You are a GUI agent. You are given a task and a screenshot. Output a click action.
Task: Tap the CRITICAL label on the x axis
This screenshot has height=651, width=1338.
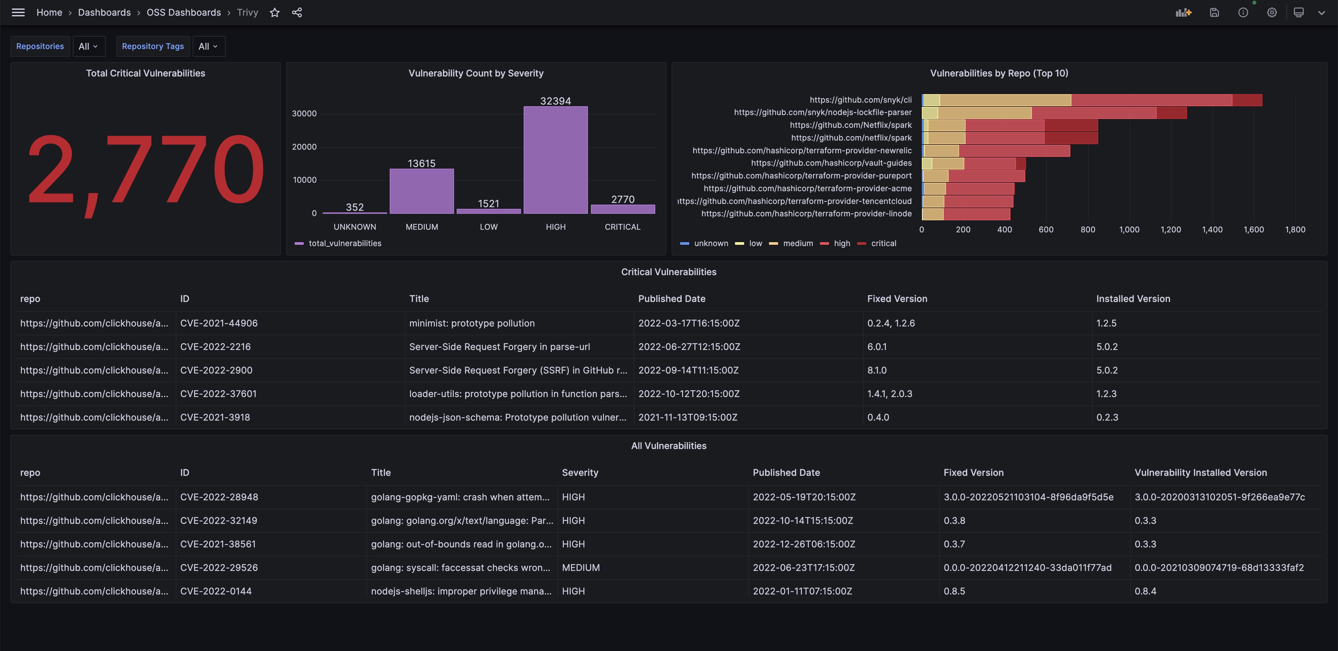[x=622, y=227]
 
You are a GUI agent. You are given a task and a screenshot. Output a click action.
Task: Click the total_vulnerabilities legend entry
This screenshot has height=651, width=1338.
[x=344, y=243]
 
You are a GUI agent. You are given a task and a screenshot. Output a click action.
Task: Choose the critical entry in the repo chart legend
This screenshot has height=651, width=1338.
[x=883, y=243]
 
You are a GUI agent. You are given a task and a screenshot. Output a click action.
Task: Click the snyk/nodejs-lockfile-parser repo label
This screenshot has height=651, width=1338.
[x=822, y=112]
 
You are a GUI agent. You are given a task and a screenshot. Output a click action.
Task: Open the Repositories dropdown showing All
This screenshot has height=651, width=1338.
[x=88, y=46]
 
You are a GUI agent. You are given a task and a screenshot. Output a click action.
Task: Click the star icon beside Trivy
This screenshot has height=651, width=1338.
[x=275, y=12]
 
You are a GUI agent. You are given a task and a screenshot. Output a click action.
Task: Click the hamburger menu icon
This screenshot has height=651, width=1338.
[x=18, y=12]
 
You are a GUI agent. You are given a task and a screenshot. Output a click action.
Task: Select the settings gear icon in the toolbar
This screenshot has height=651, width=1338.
[x=1271, y=12]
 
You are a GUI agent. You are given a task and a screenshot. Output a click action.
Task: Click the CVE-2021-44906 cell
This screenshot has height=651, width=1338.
[x=219, y=323]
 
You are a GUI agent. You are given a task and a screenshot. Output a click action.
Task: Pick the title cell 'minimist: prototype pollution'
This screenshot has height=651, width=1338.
[x=472, y=323]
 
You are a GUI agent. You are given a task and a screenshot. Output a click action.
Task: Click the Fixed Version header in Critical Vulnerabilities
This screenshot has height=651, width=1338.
[x=897, y=299]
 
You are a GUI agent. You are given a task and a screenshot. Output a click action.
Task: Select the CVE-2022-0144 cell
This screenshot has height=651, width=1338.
[x=216, y=591]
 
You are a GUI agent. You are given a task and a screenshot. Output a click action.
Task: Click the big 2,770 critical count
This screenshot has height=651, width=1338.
[x=145, y=170]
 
